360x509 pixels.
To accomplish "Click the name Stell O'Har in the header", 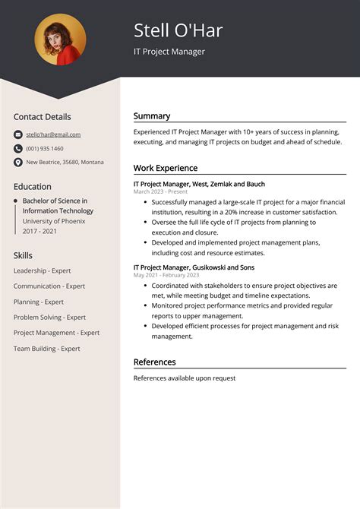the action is tap(178, 30).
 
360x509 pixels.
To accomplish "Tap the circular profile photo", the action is tap(60, 40).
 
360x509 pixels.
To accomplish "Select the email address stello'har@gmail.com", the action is tap(53, 134).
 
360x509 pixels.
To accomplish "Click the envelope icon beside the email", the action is tap(18, 134).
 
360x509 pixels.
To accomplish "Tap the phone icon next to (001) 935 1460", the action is tap(18, 148).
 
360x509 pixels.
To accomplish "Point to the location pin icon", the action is tap(18, 162).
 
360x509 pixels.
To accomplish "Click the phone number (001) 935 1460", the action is tap(45, 148).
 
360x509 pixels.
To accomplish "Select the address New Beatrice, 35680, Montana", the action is tap(65, 162).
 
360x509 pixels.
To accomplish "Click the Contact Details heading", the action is tap(42, 117).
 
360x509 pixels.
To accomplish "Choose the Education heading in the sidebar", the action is tap(33, 186).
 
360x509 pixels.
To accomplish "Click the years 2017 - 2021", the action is tap(40, 230).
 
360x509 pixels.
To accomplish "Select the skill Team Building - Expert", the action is tap(47, 348).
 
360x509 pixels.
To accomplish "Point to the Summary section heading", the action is tap(152, 116).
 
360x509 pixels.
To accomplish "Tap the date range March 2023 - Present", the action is tap(160, 192).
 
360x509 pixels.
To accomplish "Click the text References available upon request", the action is tap(185, 378).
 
